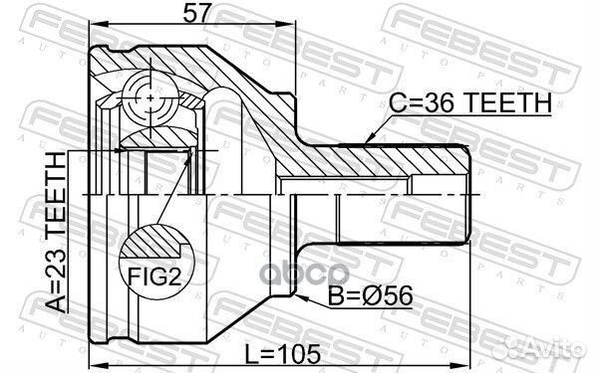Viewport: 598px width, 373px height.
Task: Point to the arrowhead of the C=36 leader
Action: tap(367, 140)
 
